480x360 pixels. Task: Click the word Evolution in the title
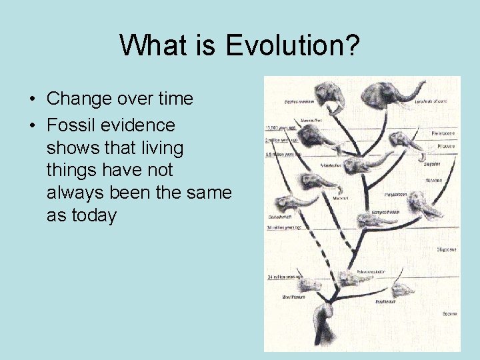[x=293, y=46]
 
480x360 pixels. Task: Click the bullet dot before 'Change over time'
[x=32, y=99]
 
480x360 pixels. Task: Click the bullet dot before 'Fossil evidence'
[x=32, y=125]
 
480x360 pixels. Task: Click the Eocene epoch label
[x=449, y=313]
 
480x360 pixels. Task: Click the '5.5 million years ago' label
[x=284, y=154]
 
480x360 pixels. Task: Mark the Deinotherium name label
[x=281, y=217]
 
